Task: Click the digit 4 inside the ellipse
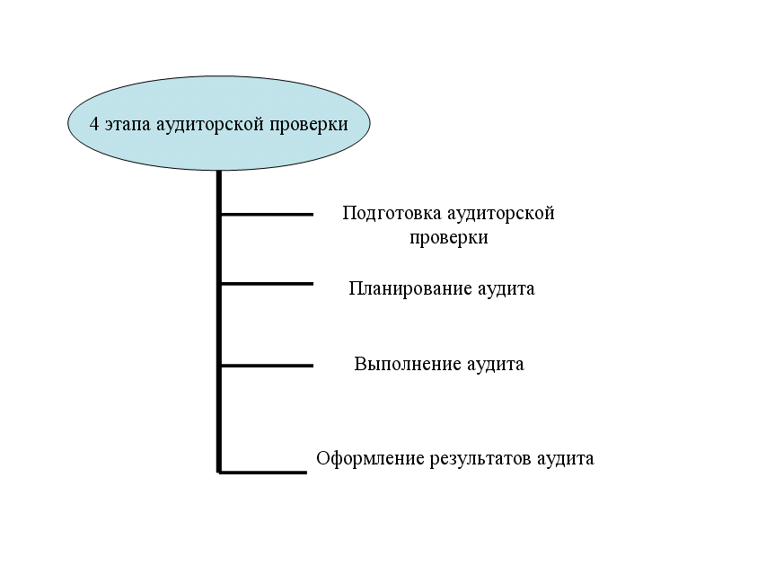(x=94, y=124)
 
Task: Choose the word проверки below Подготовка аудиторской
(x=449, y=238)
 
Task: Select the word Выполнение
(x=406, y=365)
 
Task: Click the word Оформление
(x=369, y=458)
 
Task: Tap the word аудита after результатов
(x=565, y=458)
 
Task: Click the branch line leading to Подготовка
(x=267, y=214)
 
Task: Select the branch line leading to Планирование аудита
(x=267, y=284)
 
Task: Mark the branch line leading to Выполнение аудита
(x=267, y=366)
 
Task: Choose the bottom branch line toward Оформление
(x=264, y=472)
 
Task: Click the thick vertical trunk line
(x=219, y=323)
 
